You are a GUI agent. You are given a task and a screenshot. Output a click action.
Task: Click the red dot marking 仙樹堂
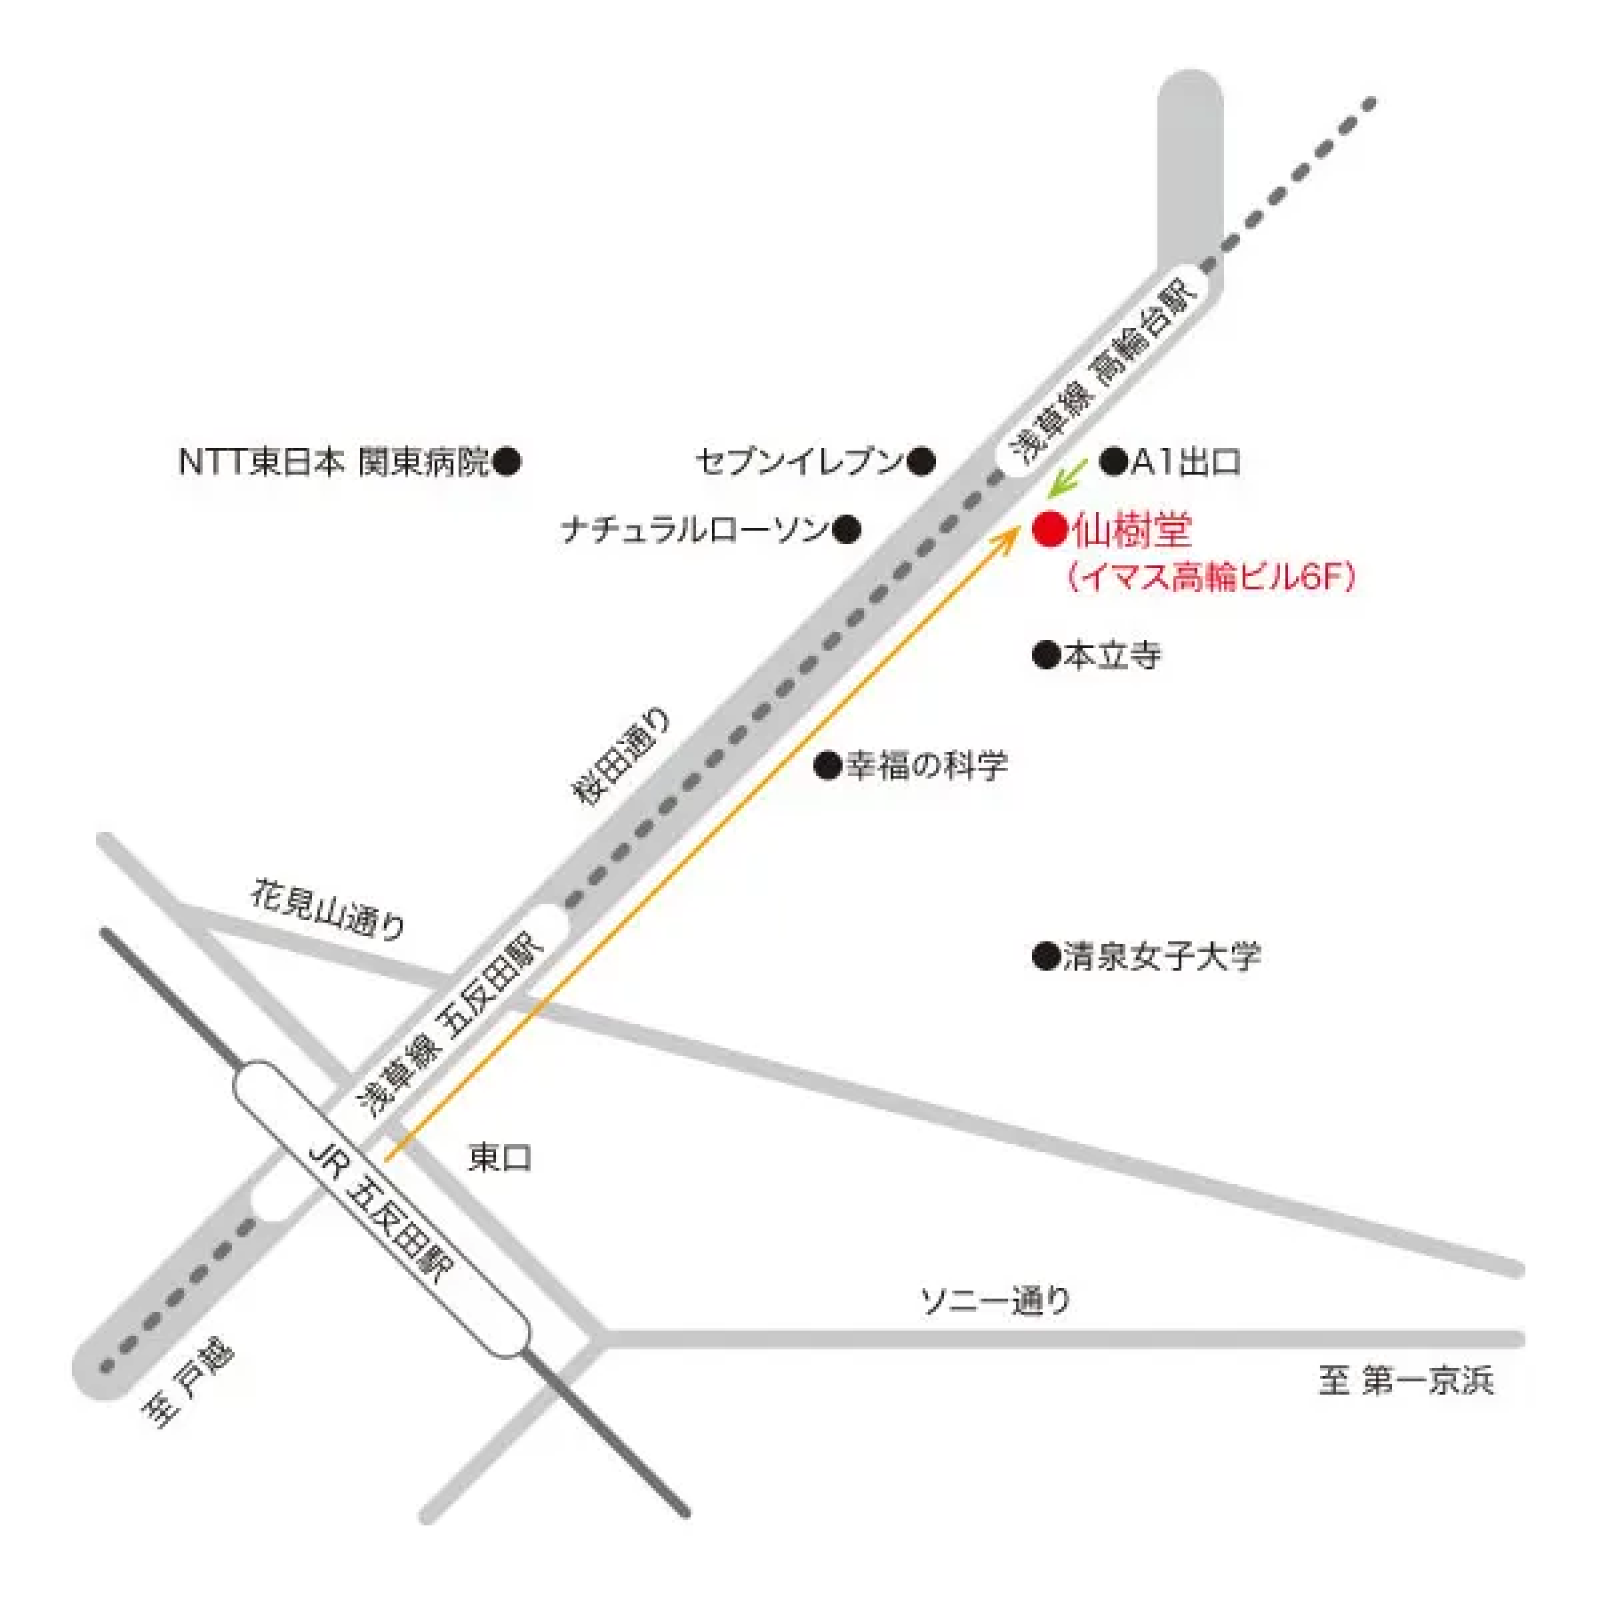1050,529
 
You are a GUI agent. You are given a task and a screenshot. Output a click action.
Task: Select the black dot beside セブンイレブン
922,460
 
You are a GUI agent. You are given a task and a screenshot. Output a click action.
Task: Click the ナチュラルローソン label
695,531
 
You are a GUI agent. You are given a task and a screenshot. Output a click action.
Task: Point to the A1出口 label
1186,461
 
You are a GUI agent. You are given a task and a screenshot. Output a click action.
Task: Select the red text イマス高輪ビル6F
1211,578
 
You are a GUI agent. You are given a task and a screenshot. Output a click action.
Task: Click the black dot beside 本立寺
1046,655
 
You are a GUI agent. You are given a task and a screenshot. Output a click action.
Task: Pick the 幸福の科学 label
926,765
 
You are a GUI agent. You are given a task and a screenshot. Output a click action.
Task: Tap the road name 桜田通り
620,756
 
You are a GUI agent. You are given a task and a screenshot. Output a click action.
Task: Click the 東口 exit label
500,1157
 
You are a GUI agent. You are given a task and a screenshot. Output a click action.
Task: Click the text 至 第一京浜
1405,1380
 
